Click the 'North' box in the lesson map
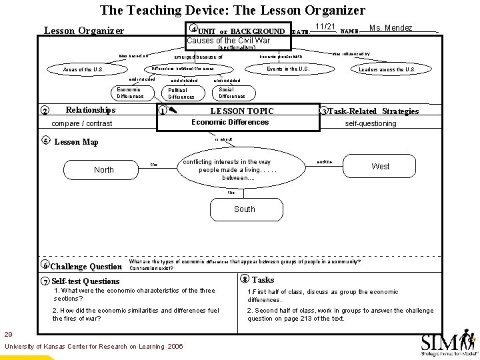[104, 169]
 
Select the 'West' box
[381, 166]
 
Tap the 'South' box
[245, 209]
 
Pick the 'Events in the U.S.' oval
[288, 69]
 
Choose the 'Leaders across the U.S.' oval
[387, 69]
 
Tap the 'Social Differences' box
[231, 92]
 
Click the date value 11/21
[325, 27]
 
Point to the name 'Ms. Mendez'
[391, 27]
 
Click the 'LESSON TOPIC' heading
[242, 111]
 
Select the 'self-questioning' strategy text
[370, 123]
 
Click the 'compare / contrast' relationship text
[81, 123]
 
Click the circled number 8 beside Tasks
[245, 279]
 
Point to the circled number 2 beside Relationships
[44, 111]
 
